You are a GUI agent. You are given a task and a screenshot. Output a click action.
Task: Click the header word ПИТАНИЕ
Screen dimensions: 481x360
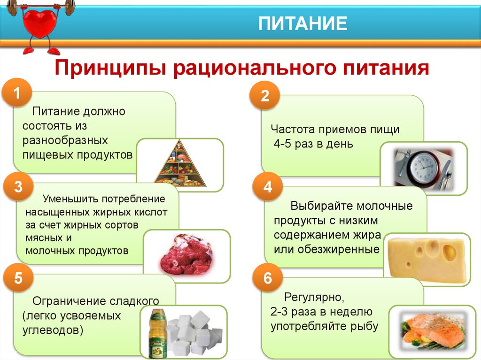pyautogui.click(x=303, y=23)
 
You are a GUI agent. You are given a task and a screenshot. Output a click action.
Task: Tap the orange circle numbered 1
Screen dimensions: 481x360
pyautogui.click(x=17, y=92)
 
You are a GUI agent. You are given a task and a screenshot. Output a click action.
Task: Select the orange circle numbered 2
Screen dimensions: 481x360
pyautogui.click(x=265, y=95)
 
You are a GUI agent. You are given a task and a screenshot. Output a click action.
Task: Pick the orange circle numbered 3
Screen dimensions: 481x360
pyautogui.click(x=18, y=186)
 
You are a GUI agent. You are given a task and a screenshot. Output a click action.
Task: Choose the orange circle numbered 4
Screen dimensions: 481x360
pyautogui.click(x=267, y=186)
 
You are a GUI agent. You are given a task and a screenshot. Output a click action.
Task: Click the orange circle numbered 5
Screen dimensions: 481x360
pyautogui.click(x=18, y=277)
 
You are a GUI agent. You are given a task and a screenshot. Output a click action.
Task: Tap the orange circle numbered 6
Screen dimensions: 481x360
pyautogui.click(x=267, y=277)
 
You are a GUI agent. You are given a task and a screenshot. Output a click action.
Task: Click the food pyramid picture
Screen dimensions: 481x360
pyautogui.click(x=180, y=164)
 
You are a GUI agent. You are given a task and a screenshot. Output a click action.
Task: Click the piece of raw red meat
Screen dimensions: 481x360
pyautogui.click(x=185, y=254)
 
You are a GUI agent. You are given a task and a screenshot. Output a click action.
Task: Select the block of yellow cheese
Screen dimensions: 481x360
pyautogui.click(x=428, y=259)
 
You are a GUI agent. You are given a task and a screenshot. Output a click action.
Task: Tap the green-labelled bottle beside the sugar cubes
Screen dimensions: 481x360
pyautogui.click(x=158, y=334)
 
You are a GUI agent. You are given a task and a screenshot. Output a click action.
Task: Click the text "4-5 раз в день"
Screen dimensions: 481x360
pyautogui.click(x=313, y=144)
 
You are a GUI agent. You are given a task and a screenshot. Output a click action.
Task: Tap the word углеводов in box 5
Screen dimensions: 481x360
pyautogui.click(x=53, y=330)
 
